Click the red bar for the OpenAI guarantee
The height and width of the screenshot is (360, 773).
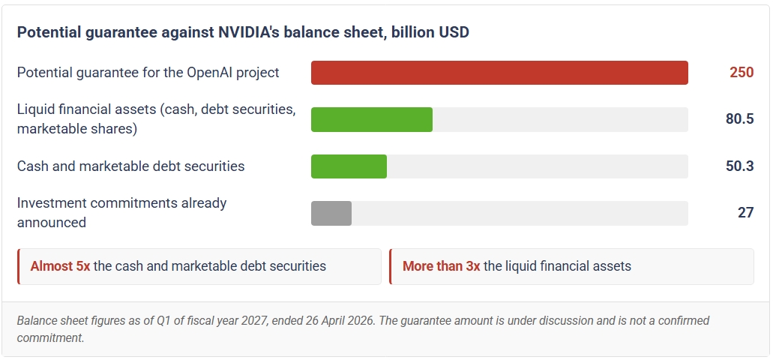[x=499, y=73]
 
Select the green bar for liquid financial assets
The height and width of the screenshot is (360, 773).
[x=372, y=119]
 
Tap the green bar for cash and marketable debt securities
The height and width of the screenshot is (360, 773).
[x=349, y=166]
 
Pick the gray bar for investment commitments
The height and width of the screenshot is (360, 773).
[x=331, y=213]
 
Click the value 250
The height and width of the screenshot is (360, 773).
[x=742, y=73]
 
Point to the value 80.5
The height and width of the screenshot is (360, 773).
[x=739, y=118]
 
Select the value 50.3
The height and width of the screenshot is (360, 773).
[x=739, y=166]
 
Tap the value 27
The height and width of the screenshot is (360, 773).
[x=746, y=212]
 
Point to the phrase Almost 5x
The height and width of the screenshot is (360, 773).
[x=60, y=266]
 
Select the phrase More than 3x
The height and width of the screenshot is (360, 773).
[x=441, y=266]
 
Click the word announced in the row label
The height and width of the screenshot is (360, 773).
[x=52, y=223]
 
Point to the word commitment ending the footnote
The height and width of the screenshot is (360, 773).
[x=49, y=337]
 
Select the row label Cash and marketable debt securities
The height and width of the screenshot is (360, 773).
[x=130, y=166]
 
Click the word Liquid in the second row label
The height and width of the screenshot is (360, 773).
[x=37, y=109]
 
